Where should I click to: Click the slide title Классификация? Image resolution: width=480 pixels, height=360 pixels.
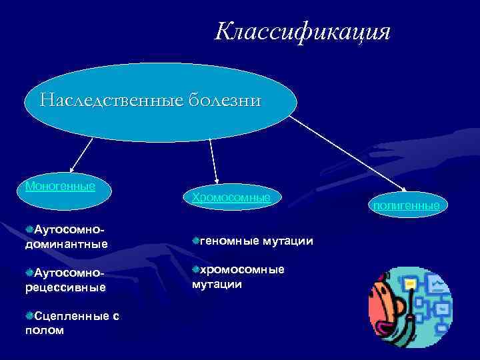[302, 32]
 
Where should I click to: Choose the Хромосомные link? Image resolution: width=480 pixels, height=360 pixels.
[231, 197]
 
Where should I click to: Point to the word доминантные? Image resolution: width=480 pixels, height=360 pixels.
[65, 244]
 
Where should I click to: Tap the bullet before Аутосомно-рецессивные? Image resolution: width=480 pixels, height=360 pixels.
[29, 273]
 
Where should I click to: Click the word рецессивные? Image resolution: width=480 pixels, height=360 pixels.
[65, 287]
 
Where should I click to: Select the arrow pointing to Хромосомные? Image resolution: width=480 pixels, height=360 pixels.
[213, 160]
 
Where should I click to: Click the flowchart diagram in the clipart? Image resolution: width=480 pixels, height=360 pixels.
[433, 300]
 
